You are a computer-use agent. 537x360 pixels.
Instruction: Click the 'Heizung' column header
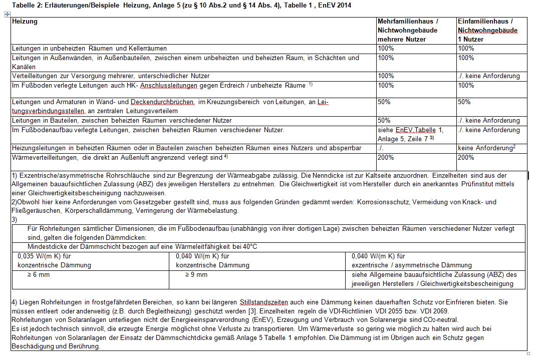(x=25, y=22)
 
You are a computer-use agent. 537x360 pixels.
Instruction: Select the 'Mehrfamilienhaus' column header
(x=408, y=22)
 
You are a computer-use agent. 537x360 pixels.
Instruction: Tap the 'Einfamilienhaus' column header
(x=485, y=22)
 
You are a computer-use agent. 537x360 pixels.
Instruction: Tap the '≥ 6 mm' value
(x=39, y=275)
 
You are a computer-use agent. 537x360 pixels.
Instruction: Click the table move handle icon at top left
(x=7, y=15)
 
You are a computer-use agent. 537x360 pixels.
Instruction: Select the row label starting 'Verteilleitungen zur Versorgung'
(x=111, y=76)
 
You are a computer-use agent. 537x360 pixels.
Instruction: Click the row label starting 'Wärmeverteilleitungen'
(x=120, y=158)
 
